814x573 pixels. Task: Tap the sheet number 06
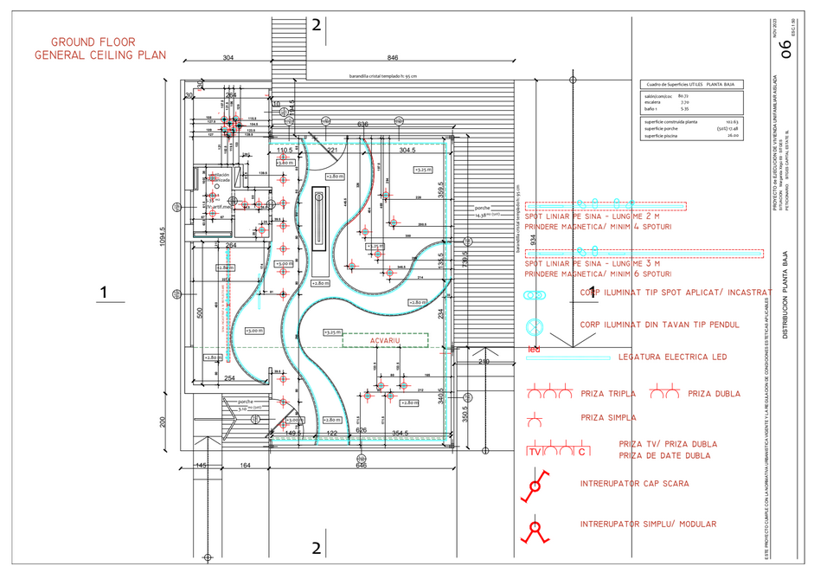coord(785,49)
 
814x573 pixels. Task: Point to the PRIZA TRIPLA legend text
coord(609,394)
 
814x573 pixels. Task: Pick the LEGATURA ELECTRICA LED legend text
coord(672,357)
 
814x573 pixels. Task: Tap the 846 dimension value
coord(393,58)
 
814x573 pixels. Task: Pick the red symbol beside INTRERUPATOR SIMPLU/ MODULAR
coord(535,528)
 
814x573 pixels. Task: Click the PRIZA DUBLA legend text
coord(715,394)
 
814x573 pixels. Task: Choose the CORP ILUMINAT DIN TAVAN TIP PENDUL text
coord(660,325)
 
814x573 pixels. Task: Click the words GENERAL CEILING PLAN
coord(99,55)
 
